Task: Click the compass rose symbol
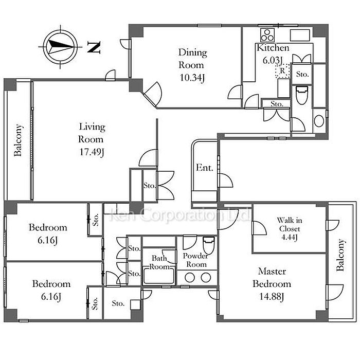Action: [x=60, y=47]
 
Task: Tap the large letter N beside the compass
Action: [x=94, y=47]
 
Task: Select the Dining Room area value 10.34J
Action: [x=192, y=78]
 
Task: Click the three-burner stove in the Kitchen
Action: [x=267, y=35]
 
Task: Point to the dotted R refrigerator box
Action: [x=282, y=71]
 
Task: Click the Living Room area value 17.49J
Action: [x=92, y=152]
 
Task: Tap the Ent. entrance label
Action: [x=204, y=168]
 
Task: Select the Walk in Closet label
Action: [x=290, y=224]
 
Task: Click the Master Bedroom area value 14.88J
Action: [x=272, y=297]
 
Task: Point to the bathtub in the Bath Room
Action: [x=159, y=275]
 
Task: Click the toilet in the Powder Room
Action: [x=209, y=245]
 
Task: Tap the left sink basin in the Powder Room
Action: [x=190, y=278]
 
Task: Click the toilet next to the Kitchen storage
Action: [x=302, y=95]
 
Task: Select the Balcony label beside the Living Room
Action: [x=18, y=140]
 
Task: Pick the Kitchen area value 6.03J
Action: [x=272, y=60]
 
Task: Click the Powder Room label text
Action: [x=195, y=260]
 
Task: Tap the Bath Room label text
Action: [x=159, y=262]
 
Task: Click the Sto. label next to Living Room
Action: [x=150, y=185]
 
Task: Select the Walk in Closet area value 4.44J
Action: [x=290, y=237]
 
